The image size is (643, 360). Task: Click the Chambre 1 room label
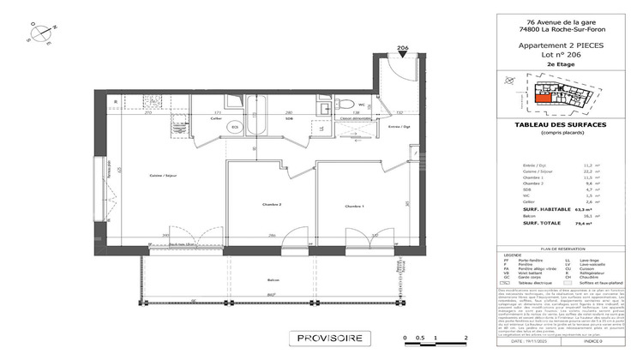[x=355, y=207]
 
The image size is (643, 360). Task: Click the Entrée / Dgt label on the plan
[x=399, y=126]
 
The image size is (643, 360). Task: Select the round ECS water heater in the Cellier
[x=234, y=129]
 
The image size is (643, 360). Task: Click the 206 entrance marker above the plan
[x=402, y=48]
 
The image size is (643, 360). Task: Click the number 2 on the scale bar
[x=464, y=339]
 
